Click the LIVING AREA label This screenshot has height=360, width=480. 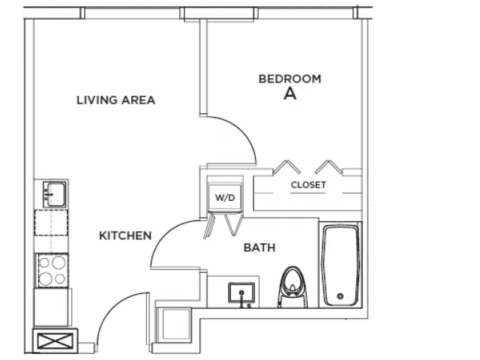click(115, 100)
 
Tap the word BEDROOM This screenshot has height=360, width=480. click(290, 79)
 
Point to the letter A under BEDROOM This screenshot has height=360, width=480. click(290, 94)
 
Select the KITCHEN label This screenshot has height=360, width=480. click(125, 235)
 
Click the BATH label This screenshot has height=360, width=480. click(259, 247)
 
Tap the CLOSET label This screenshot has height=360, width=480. click(308, 185)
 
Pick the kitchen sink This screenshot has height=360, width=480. click(55, 194)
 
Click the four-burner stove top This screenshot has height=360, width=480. click(52, 270)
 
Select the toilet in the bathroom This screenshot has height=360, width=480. click(292, 287)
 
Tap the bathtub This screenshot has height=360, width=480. click(340, 265)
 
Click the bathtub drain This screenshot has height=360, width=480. click(340, 296)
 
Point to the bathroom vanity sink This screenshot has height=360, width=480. click(241, 293)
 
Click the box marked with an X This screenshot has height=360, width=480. click(55, 341)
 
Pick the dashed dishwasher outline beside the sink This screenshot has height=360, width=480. click(51, 223)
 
